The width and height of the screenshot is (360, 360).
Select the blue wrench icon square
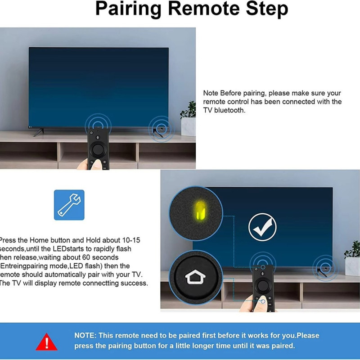pos(69,205)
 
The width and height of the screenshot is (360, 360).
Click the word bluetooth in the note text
pos(229,110)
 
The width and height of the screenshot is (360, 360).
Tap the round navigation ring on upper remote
pos(98,149)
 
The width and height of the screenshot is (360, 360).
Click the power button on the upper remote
pos(92,132)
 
